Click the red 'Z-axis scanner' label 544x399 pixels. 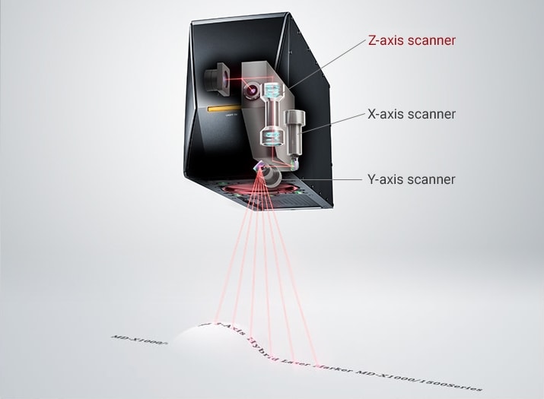pos(412,40)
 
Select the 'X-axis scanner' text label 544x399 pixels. pos(412,114)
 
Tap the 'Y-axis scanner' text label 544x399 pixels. pos(412,179)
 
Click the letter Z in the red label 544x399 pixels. pos(371,40)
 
